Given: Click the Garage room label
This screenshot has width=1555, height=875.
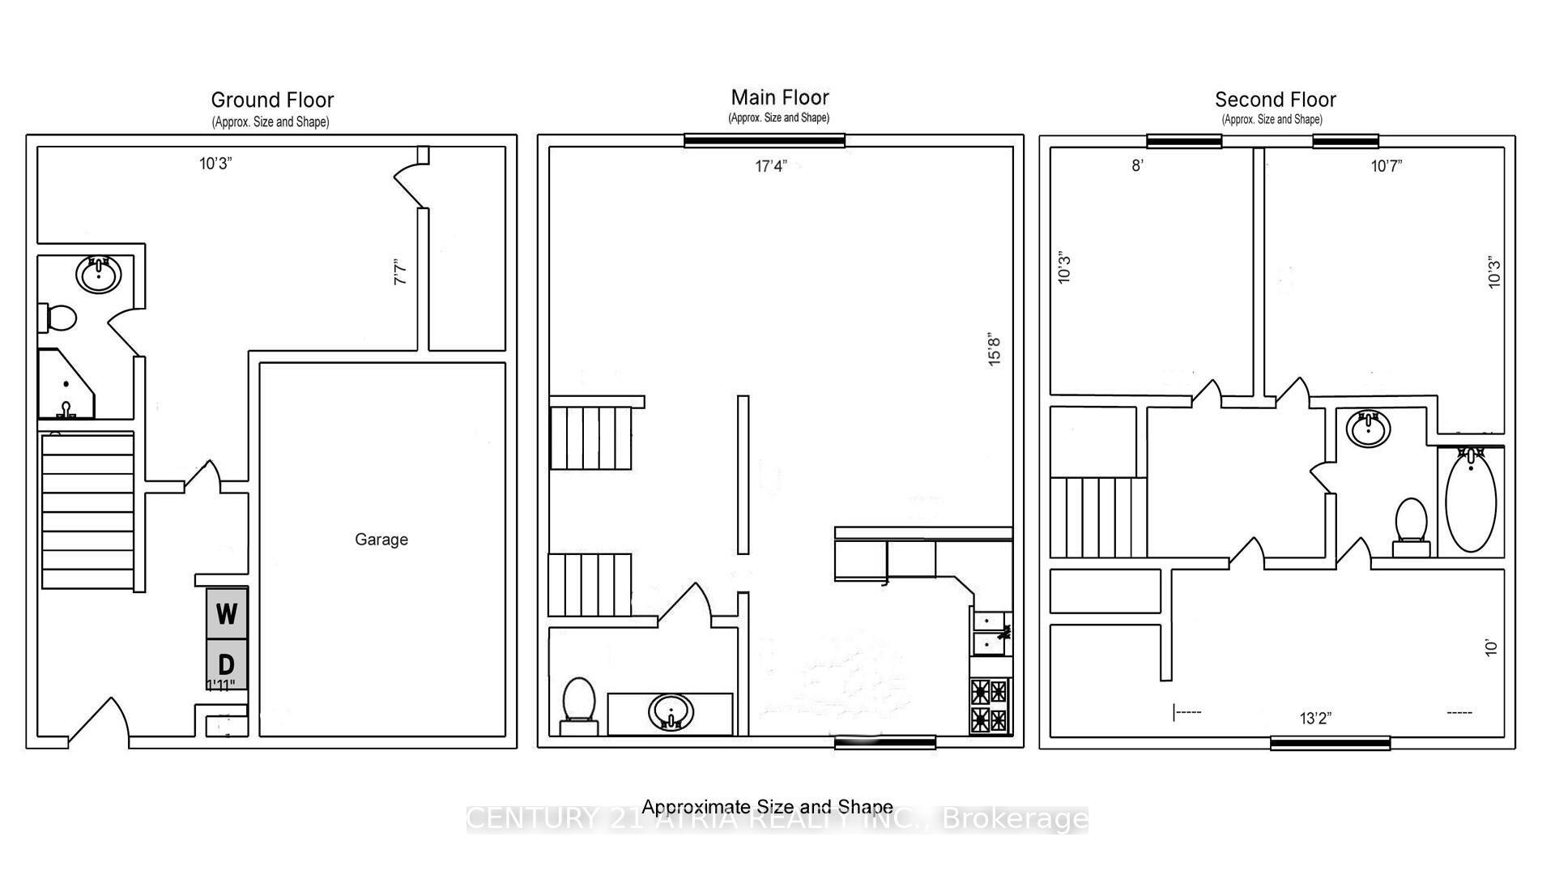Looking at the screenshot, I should point(381,540).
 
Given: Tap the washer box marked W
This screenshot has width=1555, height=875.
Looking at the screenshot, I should point(227,613).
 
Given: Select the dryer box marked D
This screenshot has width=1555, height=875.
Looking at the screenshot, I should point(227,664).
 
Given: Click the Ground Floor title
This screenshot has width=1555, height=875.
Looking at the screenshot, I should point(272,100).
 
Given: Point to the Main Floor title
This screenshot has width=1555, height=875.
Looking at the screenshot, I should point(780,98).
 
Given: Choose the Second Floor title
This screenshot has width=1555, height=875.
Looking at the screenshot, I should point(1275,100).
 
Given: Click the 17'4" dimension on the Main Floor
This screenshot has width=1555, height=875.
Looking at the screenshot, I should point(770,167).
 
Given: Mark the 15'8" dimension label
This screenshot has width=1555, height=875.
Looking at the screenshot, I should point(995,350).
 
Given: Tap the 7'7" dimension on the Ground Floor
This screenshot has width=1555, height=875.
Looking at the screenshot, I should point(401,271).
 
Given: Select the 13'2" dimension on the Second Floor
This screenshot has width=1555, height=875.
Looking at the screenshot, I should point(1315,719).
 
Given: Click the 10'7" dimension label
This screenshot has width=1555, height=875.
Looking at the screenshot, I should point(1386,167).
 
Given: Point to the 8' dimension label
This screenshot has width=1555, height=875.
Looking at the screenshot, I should point(1137,167).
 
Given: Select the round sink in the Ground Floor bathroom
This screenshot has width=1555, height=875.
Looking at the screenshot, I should point(99,275).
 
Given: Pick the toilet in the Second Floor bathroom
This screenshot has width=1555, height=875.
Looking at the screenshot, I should point(1412,523).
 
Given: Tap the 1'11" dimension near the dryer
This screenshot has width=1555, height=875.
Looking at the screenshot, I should point(220,686).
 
